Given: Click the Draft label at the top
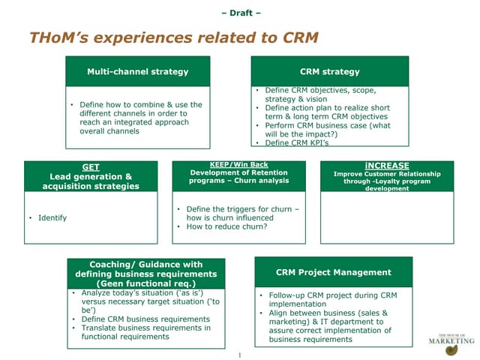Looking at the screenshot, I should point(240,13).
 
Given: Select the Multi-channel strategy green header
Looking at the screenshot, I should point(137,72).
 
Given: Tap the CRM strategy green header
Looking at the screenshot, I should point(329,72).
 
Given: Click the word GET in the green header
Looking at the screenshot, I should point(90,167).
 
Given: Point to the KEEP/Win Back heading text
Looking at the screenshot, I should point(239,164).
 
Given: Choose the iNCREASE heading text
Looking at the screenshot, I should point(387,165).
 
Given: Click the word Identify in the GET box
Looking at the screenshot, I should point(52,217).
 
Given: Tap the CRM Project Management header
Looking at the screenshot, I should point(333,272).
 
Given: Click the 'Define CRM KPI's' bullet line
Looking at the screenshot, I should point(297,142).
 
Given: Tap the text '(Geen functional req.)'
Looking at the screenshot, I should point(146,283).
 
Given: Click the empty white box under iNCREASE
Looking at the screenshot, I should point(387,217).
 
